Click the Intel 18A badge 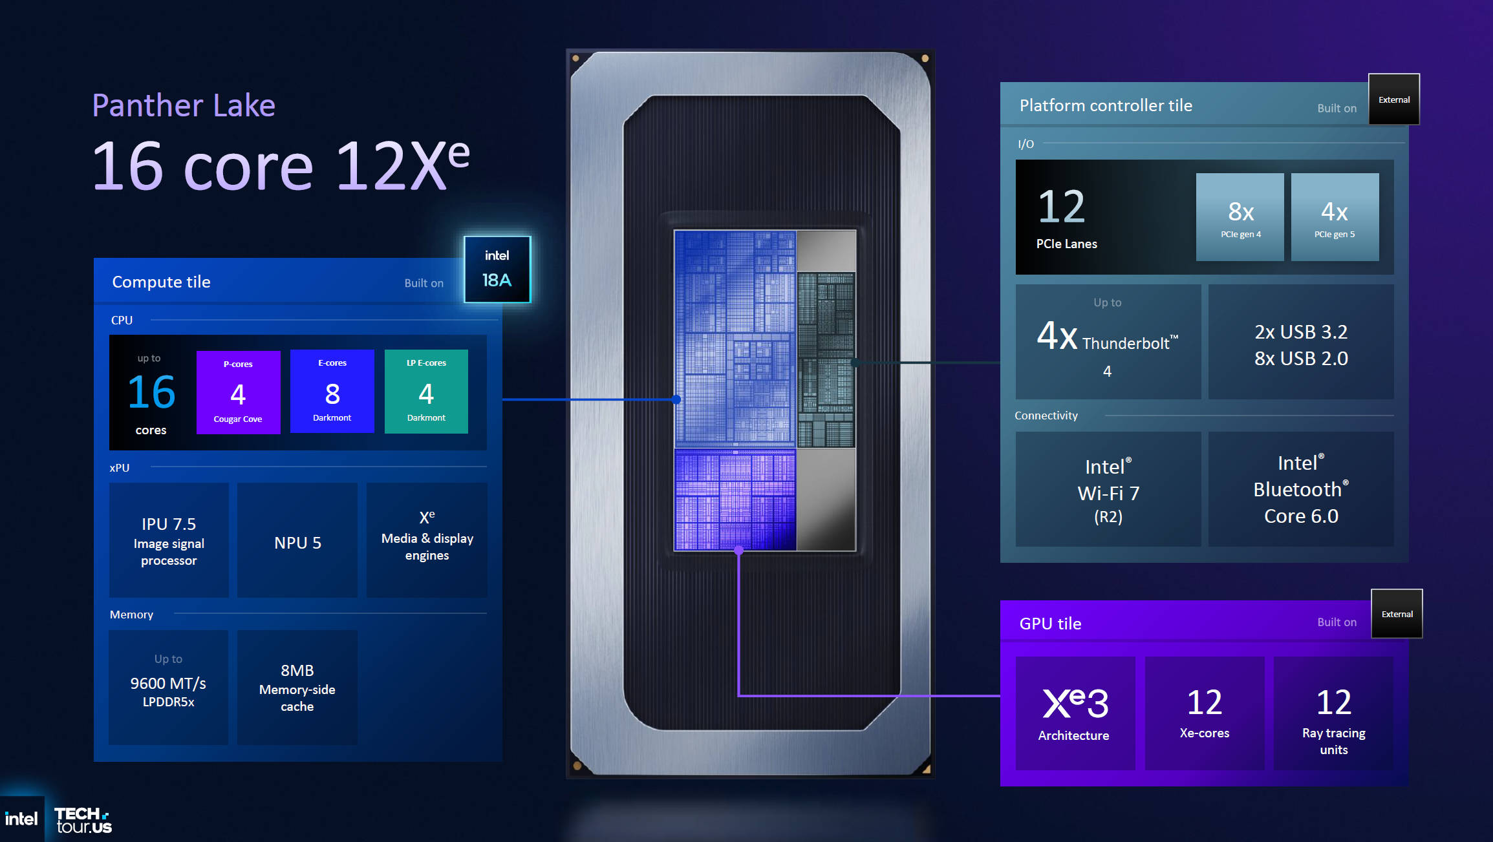coord(497,269)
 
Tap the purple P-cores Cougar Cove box coord(238,392)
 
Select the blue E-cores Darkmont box coord(332,391)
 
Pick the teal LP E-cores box coord(426,391)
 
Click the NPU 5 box coord(297,540)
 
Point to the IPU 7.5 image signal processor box coord(169,540)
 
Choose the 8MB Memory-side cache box coord(297,688)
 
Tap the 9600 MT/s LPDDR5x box coord(169,688)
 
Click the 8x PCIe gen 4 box coord(1240,217)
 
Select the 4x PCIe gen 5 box coord(1335,217)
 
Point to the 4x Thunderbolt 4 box coord(1108,342)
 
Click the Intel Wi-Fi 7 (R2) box coord(1108,489)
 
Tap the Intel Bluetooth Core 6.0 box coord(1301,489)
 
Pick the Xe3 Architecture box coord(1075,713)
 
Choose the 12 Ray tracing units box coord(1334,713)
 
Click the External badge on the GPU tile coord(1397,614)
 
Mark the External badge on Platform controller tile coord(1394,100)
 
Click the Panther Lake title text coord(184,105)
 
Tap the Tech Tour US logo coord(83,820)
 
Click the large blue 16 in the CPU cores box coord(151,392)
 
